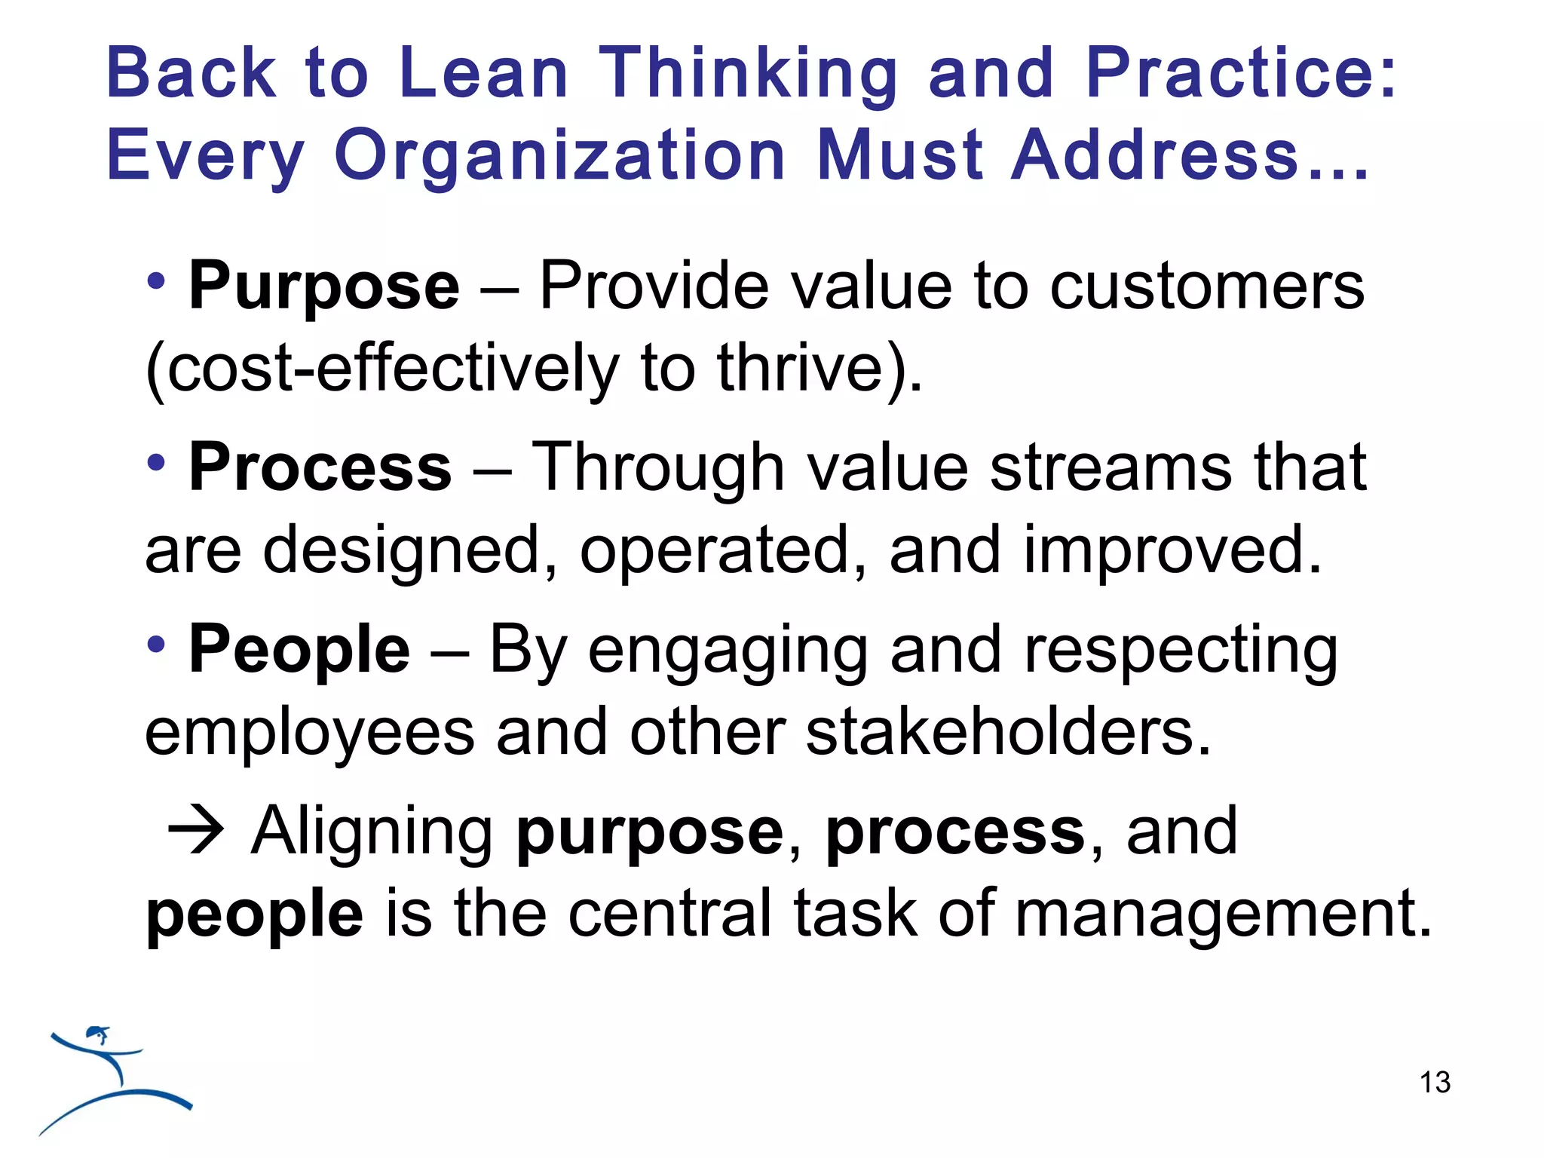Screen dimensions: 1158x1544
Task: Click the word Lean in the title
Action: [483, 73]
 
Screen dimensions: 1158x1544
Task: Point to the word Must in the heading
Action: [901, 155]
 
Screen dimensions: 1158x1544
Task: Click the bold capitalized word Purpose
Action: [323, 287]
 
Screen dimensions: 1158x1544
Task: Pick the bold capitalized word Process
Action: [320, 468]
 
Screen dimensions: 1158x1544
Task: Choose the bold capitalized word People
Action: [299, 649]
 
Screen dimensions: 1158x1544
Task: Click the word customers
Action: [1207, 286]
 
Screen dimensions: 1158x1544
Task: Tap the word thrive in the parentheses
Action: [800, 369]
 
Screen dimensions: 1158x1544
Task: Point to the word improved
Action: [1172, 550]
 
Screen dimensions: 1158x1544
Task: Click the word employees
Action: [309, 734]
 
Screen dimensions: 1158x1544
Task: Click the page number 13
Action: [1434, 1083]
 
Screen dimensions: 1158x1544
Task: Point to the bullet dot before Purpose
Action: [156, 282]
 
